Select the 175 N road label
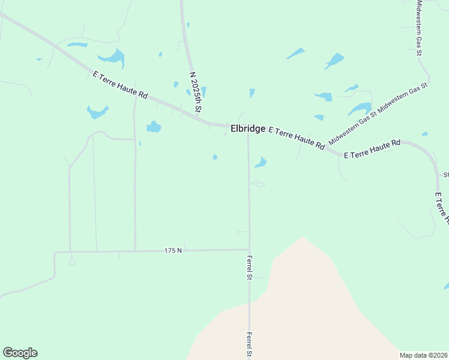tap(172, 250)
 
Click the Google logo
tap(20, 353)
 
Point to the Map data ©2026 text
tap(423, 355)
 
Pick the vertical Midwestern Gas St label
tap(420, 28)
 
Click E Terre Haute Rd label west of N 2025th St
tap(120, 86)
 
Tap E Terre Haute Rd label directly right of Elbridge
tap(297, 137)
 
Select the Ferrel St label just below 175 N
tap(249, 268)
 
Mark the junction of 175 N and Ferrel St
tap(249, 250)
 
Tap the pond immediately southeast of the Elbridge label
tap(261, 162)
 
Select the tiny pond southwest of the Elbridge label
tap(215, 157)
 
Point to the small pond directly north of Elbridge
tap(252, 93)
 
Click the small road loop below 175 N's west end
tap(71, 261)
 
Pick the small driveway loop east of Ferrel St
tap(258, 184)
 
